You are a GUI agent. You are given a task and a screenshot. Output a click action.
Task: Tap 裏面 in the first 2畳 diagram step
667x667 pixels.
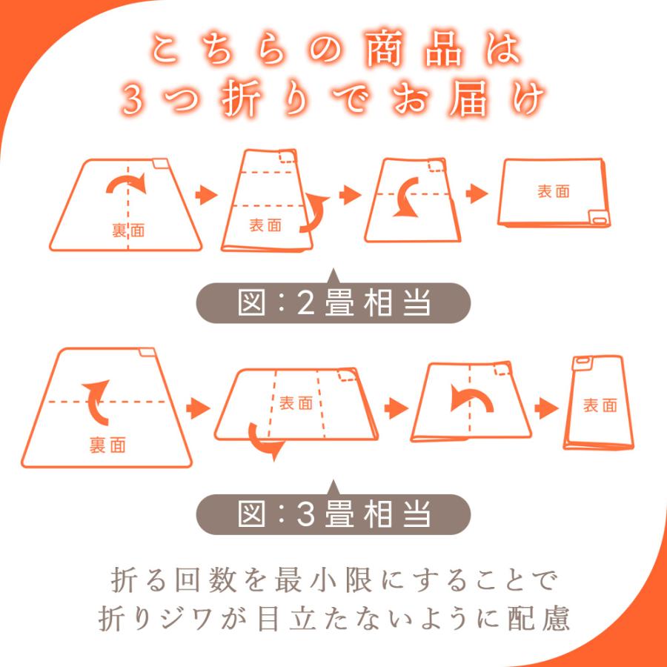click(128, 230)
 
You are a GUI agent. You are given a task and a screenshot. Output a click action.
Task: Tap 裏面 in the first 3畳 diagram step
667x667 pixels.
click(107, 445)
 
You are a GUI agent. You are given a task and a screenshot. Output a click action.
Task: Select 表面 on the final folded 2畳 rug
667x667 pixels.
click(554, 191)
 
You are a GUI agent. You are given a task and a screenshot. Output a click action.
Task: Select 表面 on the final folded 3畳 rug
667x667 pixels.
click(600, 405)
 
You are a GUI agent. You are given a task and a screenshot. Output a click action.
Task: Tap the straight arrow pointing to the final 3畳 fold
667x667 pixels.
click(548, 408)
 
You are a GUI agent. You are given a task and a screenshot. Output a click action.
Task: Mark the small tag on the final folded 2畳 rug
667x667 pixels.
click(596, 218)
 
